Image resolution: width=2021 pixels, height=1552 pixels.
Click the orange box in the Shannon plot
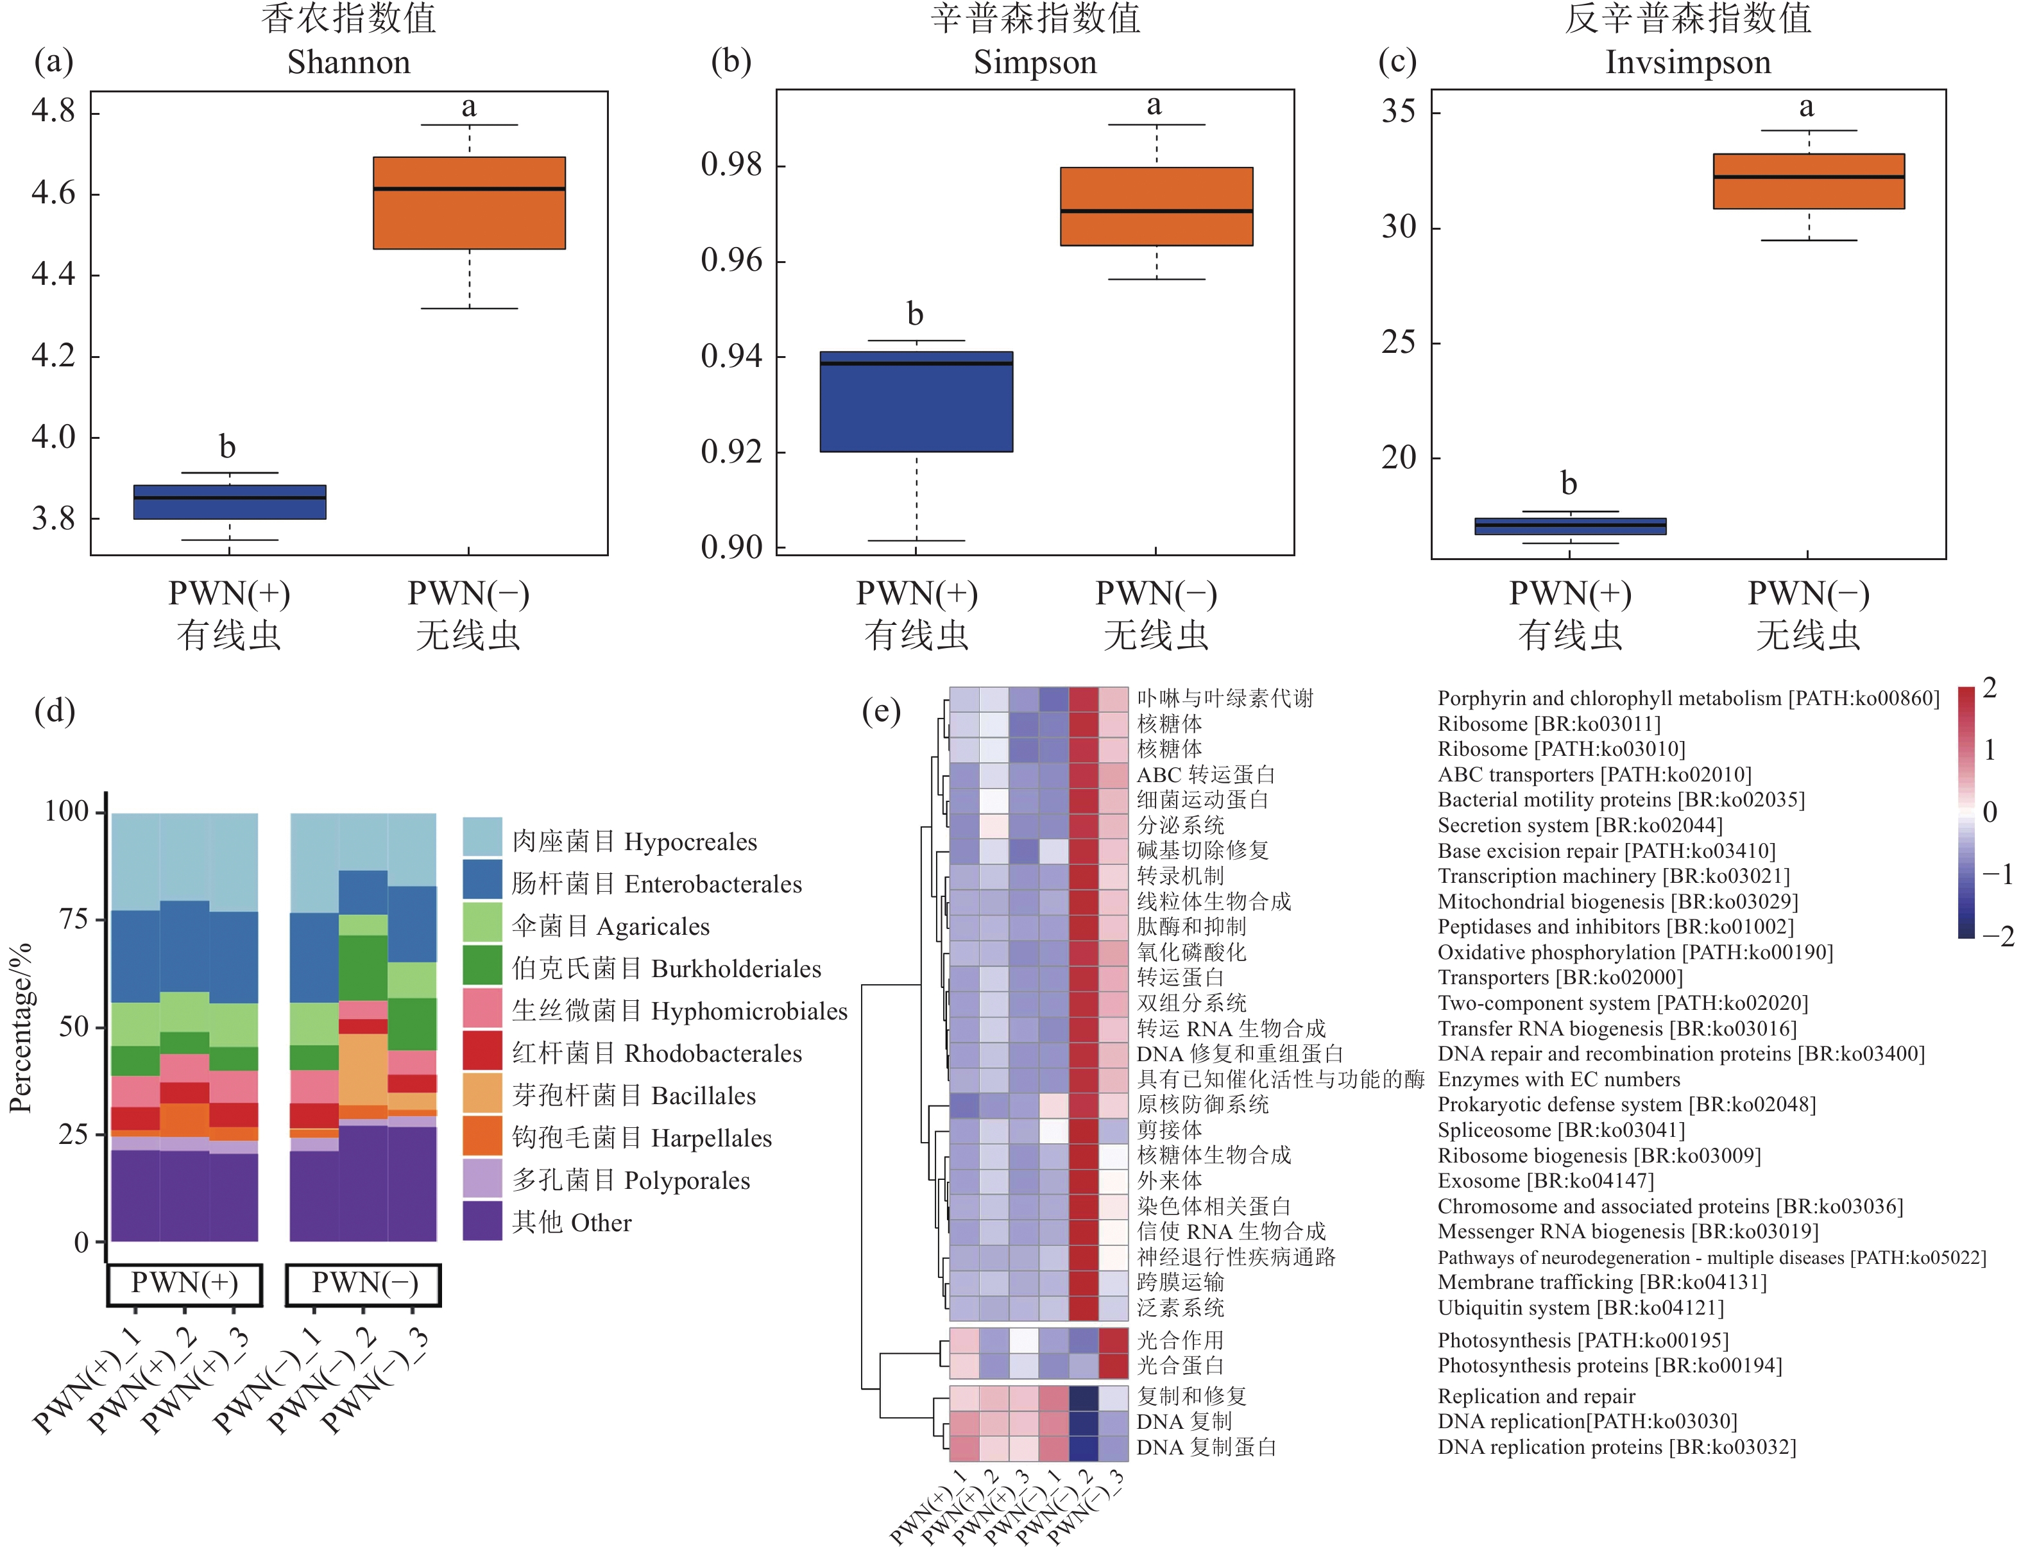click(x=468, y=203)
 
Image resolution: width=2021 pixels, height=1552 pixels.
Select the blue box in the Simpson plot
click(x=916, y=402)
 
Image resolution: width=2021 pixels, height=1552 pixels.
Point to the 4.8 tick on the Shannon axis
click(x=54, y=111)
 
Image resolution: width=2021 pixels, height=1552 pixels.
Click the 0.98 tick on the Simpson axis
click(x=731, y=166)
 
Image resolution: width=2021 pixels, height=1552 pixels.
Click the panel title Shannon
click(x=348, y=63)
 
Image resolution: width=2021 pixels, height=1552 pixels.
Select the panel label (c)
click(x=1397, y=62)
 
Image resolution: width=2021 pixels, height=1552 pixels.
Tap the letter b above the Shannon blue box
click(x=227, y=447)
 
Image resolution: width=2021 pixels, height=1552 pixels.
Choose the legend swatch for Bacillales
click(x=482, y=1092)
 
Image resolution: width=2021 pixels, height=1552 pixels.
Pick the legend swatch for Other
click(x=482, y=1220)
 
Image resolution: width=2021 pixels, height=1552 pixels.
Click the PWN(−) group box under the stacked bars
click(x=364, y=1283)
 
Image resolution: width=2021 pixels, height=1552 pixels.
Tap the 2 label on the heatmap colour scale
click(x=1990, y=688)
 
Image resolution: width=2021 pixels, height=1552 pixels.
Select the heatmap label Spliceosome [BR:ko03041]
click(x=1561, y=1130)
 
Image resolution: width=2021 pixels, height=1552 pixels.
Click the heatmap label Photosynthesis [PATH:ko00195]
click(x=1582, y=1340)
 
